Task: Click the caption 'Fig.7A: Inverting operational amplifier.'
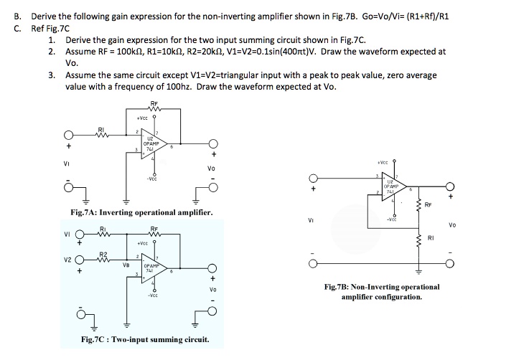(x=141, y=212)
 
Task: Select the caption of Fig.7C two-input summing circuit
(x=145, y=339)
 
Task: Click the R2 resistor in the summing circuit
(x=102, y=260)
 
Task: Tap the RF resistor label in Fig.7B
(x=428, y=204)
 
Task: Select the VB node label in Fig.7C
(x=126, y=264)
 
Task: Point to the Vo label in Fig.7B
(x=451, y=224)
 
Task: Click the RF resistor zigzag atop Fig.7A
(x=155, y=109)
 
